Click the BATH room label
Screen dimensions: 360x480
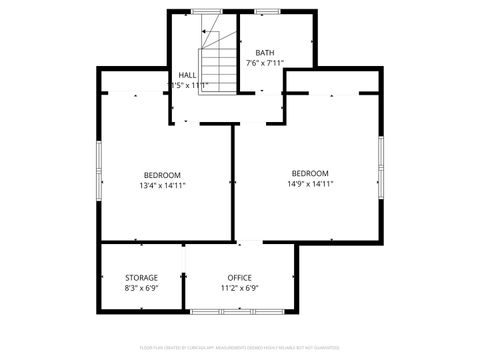click(x=265, y=53)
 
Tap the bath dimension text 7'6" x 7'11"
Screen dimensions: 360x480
click(x=265, y=64)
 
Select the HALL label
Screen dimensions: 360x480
click(x=187, y=75)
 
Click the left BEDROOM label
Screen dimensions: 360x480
click(x=162, y=174)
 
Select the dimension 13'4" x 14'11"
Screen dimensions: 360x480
click(x=162, y=185)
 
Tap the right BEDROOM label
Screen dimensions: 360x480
click(x=310, y=173)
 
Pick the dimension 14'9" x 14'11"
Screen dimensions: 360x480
click(x=310, y=184)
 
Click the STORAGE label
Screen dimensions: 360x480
click(x=141, y=277)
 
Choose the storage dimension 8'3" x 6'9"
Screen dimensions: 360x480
click(x=141, y=288)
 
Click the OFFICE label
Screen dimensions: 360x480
click(x=239, y=277)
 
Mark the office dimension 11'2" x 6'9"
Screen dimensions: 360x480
click(x=239, y=288)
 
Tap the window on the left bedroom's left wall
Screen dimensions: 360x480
click(x=98, y=168)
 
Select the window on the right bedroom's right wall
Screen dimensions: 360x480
click(x=381, y=164)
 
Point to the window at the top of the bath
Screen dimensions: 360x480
click(x=267, y=11)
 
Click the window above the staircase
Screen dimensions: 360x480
click(x=206, y=11)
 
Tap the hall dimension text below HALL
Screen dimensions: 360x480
click(x=189, y=86)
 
